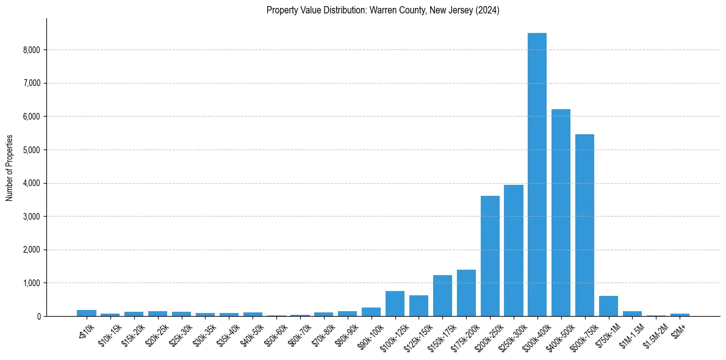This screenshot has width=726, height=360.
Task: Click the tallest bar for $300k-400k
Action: (537, 175)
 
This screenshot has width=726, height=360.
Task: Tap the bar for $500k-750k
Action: (584, 225)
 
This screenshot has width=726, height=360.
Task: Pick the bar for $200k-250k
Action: (490, 256)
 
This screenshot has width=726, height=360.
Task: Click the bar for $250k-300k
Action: (514, 251)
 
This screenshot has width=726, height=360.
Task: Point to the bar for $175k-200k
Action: (466, 293)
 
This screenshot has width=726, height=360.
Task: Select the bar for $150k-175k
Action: (442, 296)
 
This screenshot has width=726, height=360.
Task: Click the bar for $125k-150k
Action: (419, 306)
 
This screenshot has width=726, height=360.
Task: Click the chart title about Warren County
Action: (383, 10)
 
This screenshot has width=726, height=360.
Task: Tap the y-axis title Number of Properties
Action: (10, 168)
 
